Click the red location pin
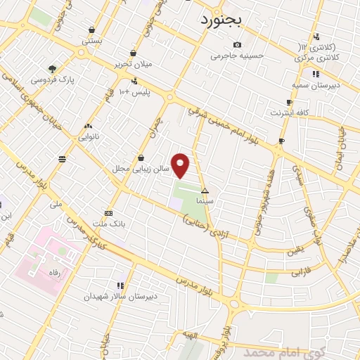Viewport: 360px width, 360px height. [181, 165]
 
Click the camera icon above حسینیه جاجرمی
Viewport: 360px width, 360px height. [238, 45]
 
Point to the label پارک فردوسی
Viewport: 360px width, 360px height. [53, 79]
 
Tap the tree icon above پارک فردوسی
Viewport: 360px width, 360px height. [53, 69]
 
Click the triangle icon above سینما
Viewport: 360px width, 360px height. [205, 191]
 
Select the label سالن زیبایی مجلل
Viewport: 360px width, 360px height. [143, 169]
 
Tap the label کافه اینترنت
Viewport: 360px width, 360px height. [289, 112]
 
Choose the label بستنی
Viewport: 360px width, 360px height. [92, 41]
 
